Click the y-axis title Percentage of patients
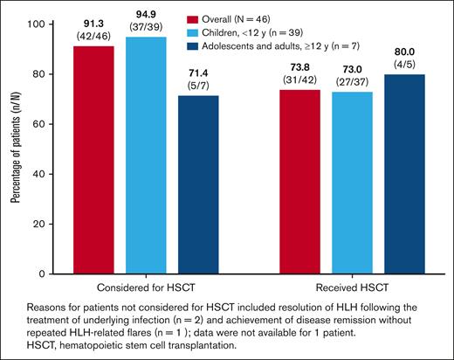click(x=14, y=149)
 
